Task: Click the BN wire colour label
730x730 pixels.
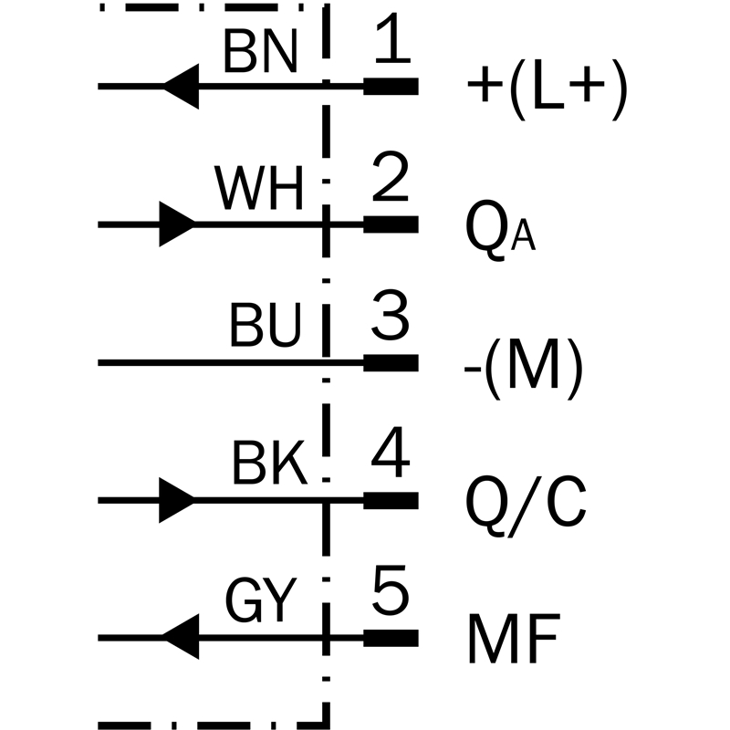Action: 260,51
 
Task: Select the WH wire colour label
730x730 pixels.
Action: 259,188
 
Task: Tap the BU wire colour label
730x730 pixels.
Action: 266,326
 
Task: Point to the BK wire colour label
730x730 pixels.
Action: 269,463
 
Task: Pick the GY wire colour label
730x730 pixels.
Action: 261,600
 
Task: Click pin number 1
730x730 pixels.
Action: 392,38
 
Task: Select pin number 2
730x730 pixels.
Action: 391,176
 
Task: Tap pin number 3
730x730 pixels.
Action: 391,315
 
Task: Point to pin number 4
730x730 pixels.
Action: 391,452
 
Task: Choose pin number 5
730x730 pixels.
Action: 391,589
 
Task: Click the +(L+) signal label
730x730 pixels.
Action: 547,89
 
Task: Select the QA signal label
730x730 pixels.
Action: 500,230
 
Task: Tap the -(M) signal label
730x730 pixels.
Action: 524,368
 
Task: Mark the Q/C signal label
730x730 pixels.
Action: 526,506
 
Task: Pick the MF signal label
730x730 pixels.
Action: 514,638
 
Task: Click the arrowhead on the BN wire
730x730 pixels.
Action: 181,87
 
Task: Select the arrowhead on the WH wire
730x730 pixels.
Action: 177,224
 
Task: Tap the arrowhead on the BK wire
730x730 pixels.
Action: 177,500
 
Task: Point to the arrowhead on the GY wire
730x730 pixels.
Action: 181,637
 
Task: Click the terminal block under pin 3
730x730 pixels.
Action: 391,362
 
